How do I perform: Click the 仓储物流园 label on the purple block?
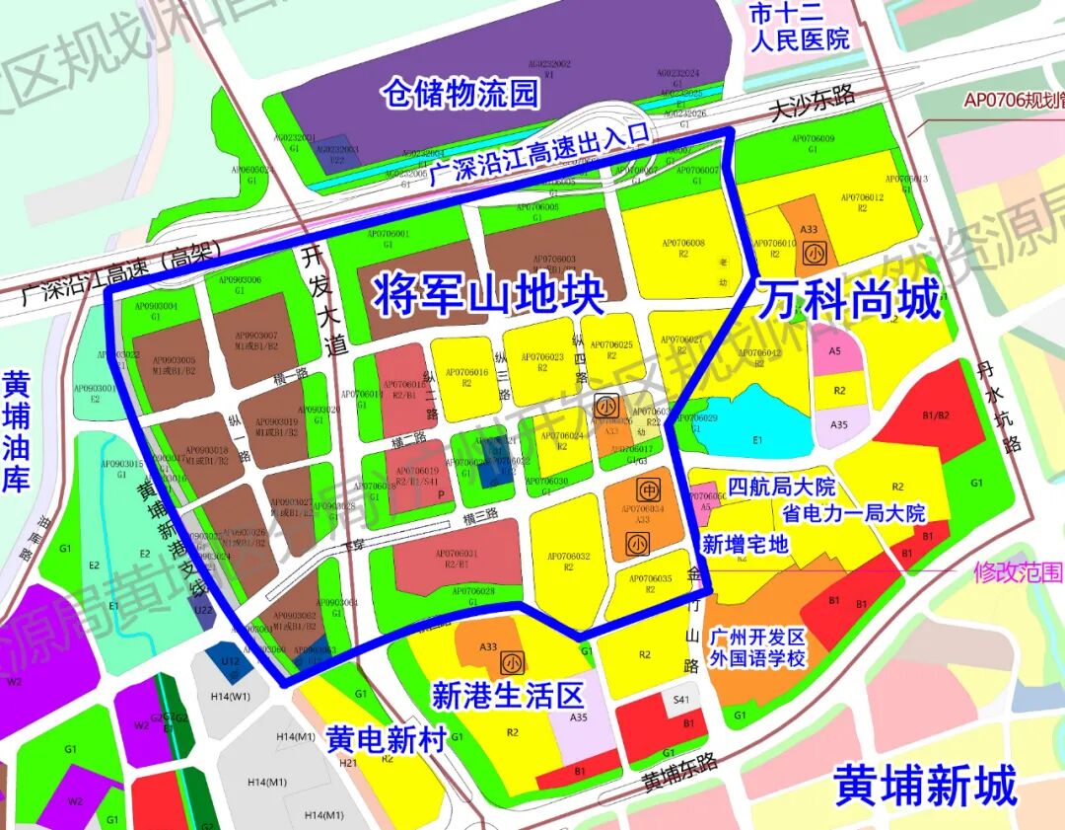click(461, 94)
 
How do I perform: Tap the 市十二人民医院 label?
click(799, 28)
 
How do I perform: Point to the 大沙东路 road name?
click(814, 96)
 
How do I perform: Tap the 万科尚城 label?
click(849, 300)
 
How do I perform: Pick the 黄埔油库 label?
click(17, 431)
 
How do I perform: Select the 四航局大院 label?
click(780, 488)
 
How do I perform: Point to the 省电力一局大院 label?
click(854, 513)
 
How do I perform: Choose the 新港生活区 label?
click(508, 695)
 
